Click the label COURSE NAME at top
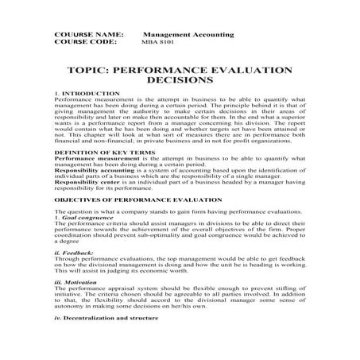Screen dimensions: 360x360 88,37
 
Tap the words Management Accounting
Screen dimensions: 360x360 188,37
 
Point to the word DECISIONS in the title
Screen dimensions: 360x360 179,81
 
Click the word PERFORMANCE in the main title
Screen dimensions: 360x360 156,70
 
